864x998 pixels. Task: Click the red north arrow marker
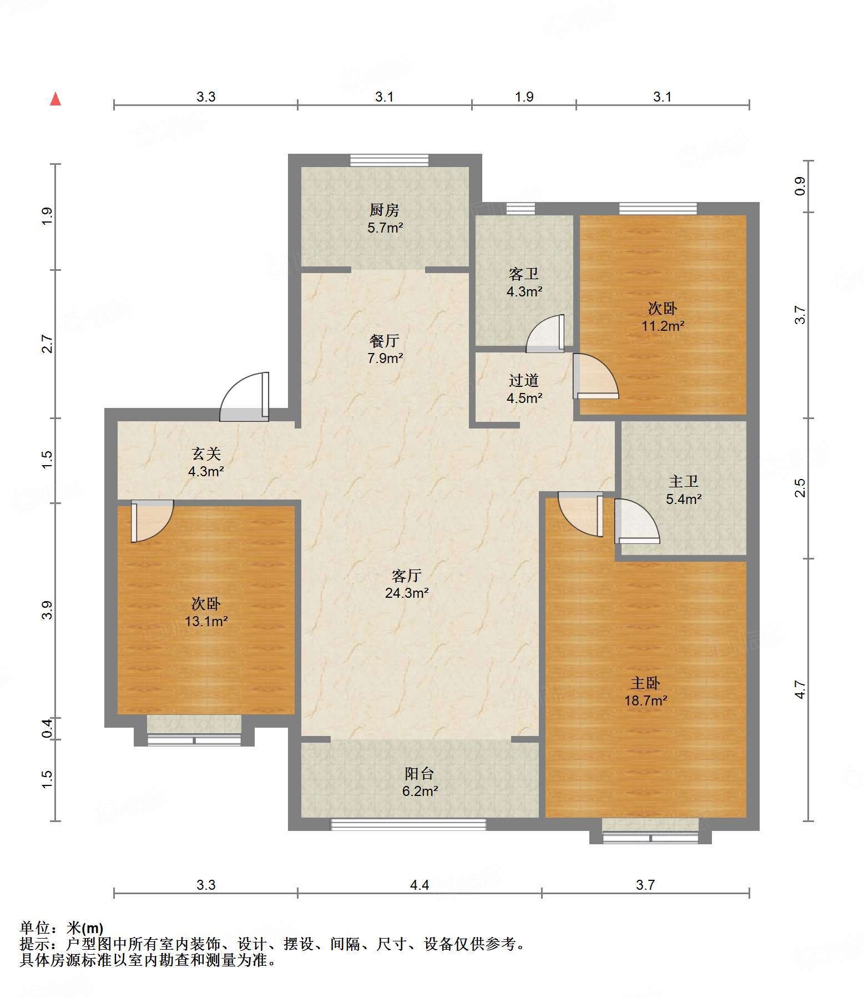click(x=55, y=99)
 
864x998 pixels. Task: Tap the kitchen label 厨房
click(x=385, y=210)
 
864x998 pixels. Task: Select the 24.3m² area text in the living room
click(x=407, y=593)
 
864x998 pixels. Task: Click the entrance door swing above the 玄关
click(x=245, y=396)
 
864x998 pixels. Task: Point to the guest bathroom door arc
click(x=545, y=333)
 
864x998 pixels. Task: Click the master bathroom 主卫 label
click(x=684, y=481)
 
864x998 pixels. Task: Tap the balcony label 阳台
click(x=420, y=773)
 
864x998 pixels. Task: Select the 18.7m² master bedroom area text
click(x=646, y=700)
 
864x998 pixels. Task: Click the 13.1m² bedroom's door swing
click(x=153, y=521)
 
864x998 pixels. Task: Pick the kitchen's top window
click(x=390, y=160)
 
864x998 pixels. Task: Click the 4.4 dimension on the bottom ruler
click(x=420, y=885)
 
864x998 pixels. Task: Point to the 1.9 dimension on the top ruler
click(x=524, y=97)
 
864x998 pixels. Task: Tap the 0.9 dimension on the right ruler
click(x=800, y=186)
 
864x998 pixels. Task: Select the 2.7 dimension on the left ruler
click(x=47, y=344)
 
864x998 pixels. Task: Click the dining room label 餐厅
click(x=385, y=340)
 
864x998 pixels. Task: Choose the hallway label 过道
click(x=524, y=380)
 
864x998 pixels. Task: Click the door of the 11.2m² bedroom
click(x=595, y=376)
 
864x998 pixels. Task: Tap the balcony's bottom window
click(x=408, y=824)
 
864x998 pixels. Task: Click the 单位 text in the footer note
click(x=35, y=928)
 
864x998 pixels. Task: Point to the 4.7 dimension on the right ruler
click(x=800, y=689)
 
